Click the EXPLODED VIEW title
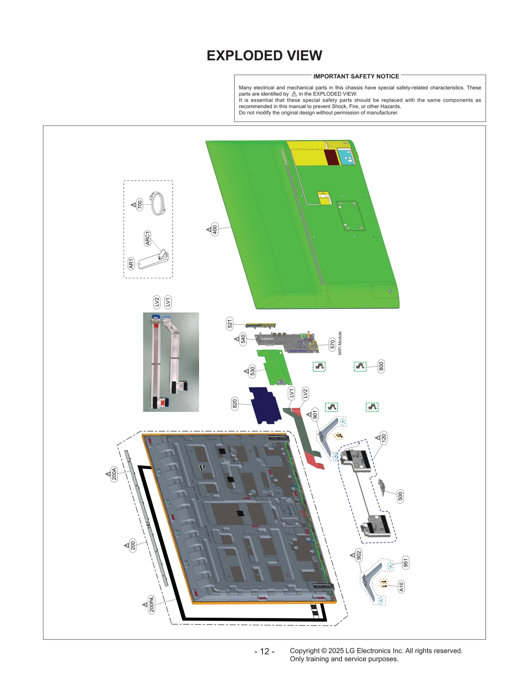pos(264,56)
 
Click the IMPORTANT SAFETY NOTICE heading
pos(356,76)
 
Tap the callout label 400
pos(215,229)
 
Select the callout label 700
pos(140,205)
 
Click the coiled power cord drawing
pos(158,204)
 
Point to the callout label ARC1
pos(147,238)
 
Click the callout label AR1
pos(131,263)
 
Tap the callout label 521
pos(230,324)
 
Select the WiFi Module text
pos(340,343)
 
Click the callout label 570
pos(332,344)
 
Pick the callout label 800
pos(381,366)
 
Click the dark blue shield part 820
pos(265,405)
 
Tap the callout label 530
pos(253,371)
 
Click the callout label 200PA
pos(151,604)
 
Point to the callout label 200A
pos(114,474)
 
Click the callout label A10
pos(401,587)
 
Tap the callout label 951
pos(406,563)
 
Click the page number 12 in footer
pos(264,651)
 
